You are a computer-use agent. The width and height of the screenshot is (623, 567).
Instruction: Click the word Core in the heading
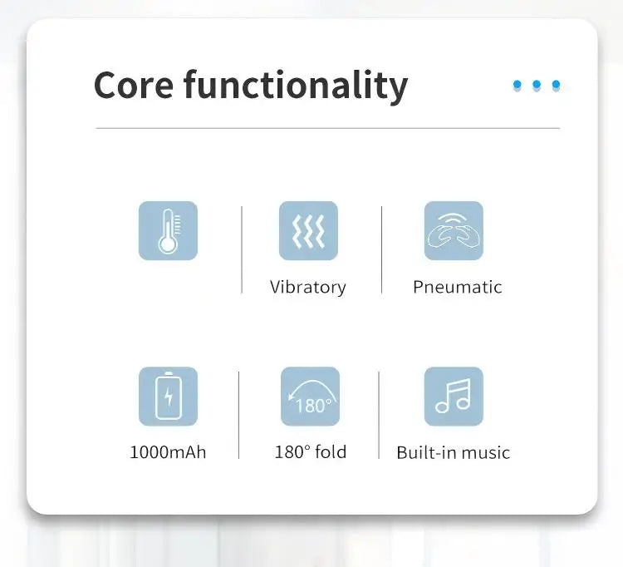[x=134, y=85]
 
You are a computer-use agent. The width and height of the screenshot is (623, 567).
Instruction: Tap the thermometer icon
[x=168, y=230]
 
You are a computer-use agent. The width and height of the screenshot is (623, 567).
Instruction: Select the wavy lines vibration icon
[x=309, y=230]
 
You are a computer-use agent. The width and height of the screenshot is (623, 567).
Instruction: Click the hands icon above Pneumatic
[x=454, y=230]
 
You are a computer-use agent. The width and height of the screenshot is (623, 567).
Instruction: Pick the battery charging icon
[x=168, y=397]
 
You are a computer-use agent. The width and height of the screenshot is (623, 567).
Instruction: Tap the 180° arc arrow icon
[x=311, y=397]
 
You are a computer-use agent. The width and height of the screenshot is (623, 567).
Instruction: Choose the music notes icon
[x=454, y=397]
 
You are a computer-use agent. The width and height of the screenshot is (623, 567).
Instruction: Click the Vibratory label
[x=308, y=288]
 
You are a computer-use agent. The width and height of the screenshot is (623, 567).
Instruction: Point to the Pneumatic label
[x=458, y=287]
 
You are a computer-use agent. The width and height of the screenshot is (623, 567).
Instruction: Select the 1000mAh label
[x=168, y=452]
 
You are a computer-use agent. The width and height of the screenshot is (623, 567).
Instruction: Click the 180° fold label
[x=311, y=452]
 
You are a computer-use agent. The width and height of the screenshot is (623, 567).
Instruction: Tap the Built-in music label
[x=454, y=453]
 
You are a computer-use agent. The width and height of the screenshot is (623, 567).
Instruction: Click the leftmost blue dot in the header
[x=518, y=85]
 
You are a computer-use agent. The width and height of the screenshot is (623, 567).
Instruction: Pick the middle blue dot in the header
[x=537, y=85]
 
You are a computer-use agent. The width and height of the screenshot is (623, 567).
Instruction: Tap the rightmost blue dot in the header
[x=557, y=85]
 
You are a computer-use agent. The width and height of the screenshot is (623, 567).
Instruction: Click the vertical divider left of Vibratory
[x=242, y=249]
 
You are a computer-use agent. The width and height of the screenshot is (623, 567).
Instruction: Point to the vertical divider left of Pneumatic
[x=382, y=249]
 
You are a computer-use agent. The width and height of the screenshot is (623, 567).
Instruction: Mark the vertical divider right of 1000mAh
[x=238, y=415]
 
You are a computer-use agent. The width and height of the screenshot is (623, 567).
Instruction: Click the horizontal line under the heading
[x=328, y=128]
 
